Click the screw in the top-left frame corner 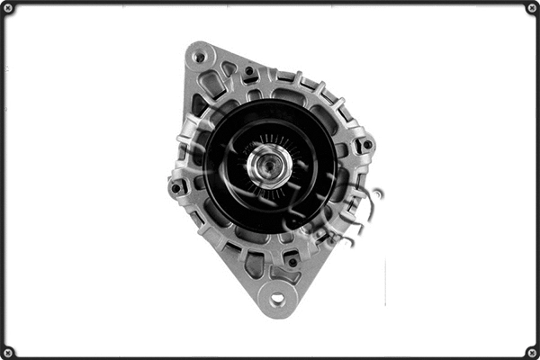click(8, 8)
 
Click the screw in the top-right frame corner click(531, 8)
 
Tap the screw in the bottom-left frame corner click(8, 351)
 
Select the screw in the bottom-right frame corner click(531, 351)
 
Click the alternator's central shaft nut click(269, 165)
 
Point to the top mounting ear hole click(199, 57)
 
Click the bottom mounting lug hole click(277, 298)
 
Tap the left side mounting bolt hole click(177, 187)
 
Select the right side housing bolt click(365, 145)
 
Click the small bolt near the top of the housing click(249, 70)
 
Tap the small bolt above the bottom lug click(292, 262)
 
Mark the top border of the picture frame click(270, 3)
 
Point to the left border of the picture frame click(3, 180)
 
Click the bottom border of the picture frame click(270, 356)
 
